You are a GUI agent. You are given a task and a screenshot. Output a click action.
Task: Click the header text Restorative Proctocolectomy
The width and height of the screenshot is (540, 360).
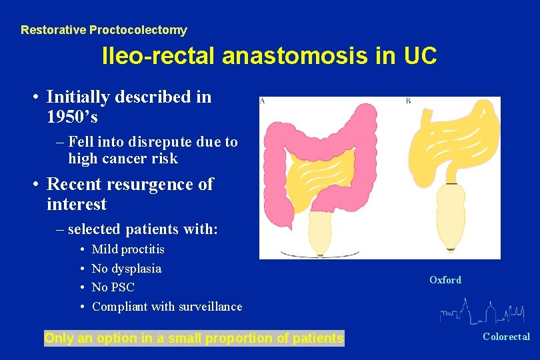pos(103,30)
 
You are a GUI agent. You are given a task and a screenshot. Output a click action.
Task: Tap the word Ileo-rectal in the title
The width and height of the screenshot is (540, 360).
pos(158,57)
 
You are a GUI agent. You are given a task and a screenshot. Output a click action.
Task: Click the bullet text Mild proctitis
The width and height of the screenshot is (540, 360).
pos(128,249)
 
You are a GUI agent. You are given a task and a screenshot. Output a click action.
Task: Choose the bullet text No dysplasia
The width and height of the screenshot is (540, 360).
pos(127,269)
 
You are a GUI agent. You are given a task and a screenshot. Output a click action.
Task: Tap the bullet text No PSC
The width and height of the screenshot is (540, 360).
pos(113,287)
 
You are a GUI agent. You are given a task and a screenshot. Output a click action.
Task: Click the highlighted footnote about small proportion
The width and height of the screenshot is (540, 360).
pos(193,338)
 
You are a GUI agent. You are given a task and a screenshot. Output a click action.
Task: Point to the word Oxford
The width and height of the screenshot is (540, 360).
pos(445,280)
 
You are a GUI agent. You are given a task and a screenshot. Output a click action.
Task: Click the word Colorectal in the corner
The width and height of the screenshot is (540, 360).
pos(506,337)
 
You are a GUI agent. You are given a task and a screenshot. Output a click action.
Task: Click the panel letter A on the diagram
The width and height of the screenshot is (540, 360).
pos(262,101)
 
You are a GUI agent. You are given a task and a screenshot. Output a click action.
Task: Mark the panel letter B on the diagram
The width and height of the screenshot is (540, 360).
pos(408,101)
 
